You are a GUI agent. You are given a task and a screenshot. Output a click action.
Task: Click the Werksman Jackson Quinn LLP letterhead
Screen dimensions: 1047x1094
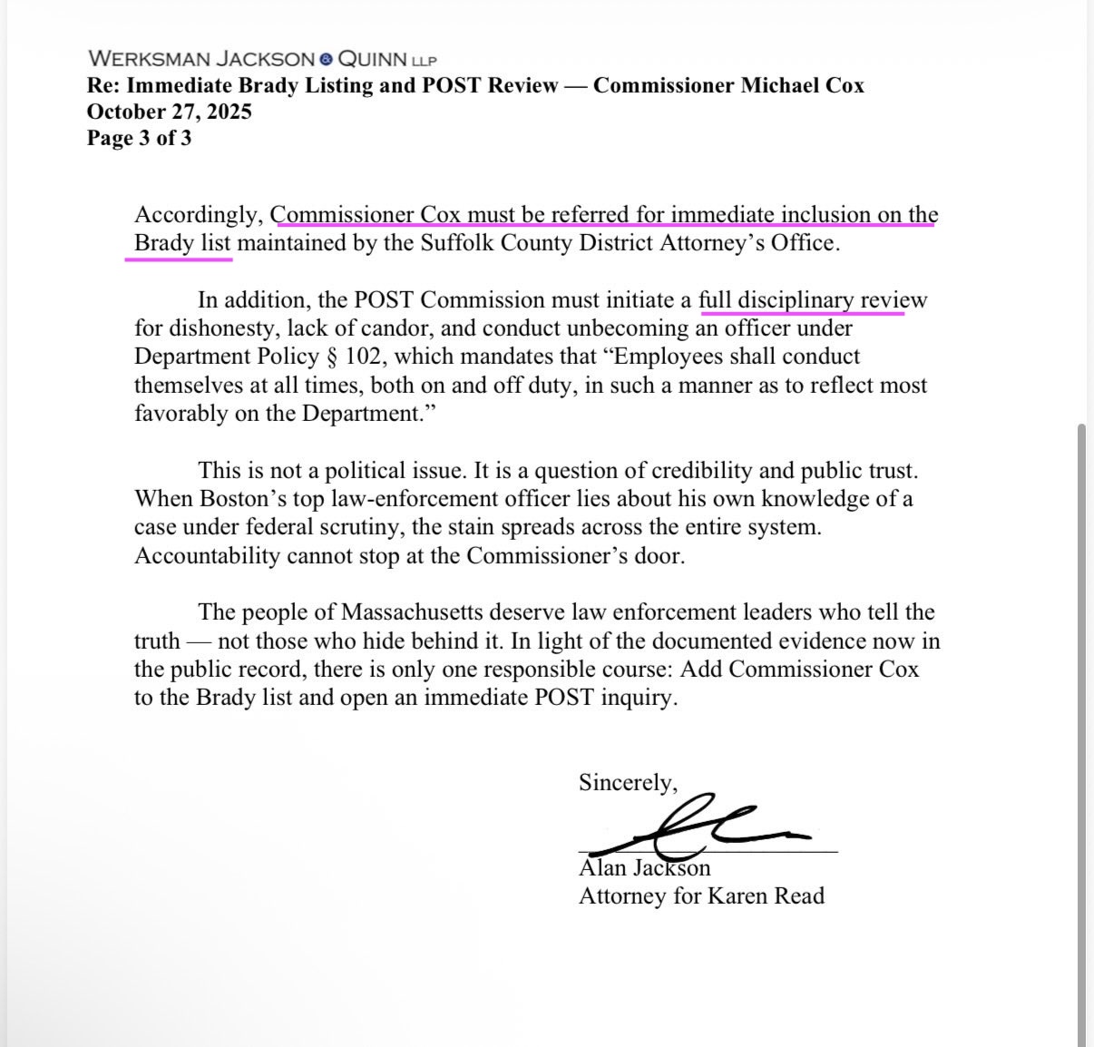(262, 59)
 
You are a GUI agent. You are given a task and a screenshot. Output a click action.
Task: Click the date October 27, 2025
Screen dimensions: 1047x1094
(169, 112)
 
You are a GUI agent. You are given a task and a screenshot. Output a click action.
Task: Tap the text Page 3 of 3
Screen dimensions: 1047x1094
(139, 138)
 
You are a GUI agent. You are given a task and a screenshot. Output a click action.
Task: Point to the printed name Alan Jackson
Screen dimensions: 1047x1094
(644, 868)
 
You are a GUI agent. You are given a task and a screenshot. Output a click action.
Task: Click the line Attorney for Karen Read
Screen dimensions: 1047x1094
(701, 896)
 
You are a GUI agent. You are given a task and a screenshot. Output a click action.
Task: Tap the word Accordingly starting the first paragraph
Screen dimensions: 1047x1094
(199, 215)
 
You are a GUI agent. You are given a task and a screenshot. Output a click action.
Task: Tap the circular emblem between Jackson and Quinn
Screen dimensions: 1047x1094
(326, 60)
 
